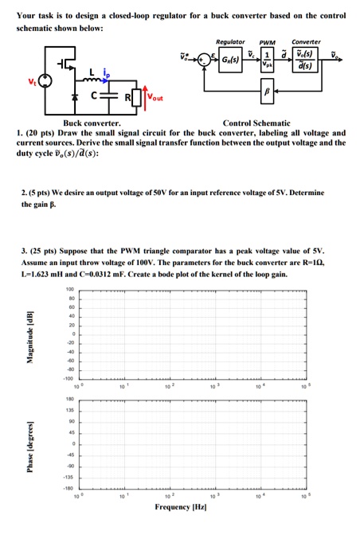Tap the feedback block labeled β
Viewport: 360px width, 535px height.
[x=267, y=92]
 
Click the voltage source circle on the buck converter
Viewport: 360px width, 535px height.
[x=45, y=80]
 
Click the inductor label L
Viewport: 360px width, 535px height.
[x=93, y=72]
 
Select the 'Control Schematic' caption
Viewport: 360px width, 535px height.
[x=257, y=123]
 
